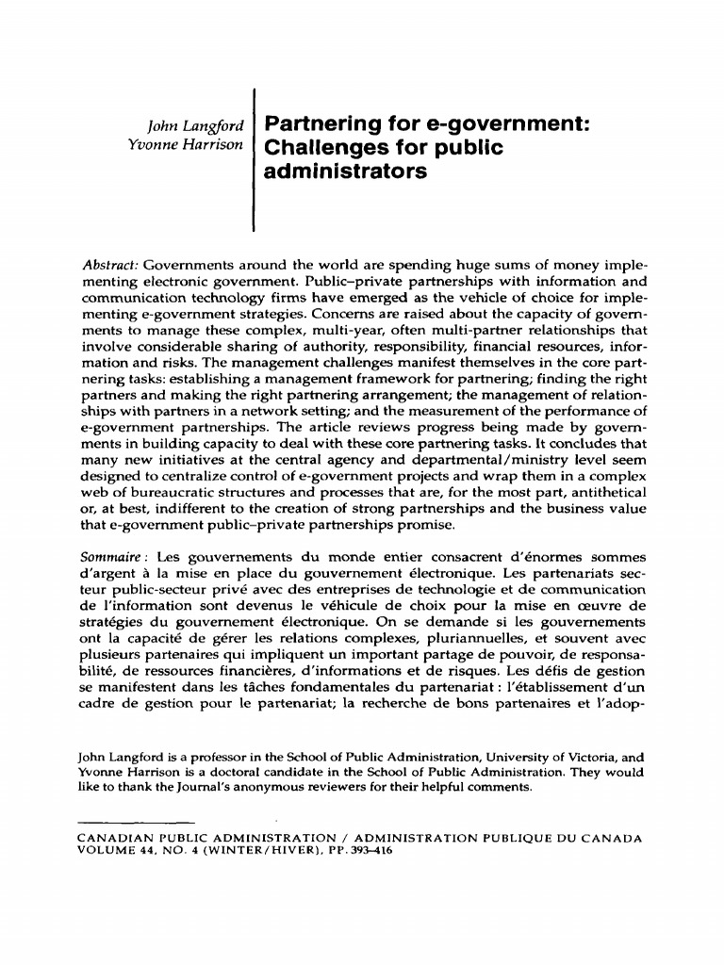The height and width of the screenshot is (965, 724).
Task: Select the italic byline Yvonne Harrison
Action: tap(179, 145)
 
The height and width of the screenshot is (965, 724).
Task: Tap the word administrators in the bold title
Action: tap(340, 172)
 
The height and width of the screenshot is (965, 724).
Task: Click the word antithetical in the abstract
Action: tap(602, 493)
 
